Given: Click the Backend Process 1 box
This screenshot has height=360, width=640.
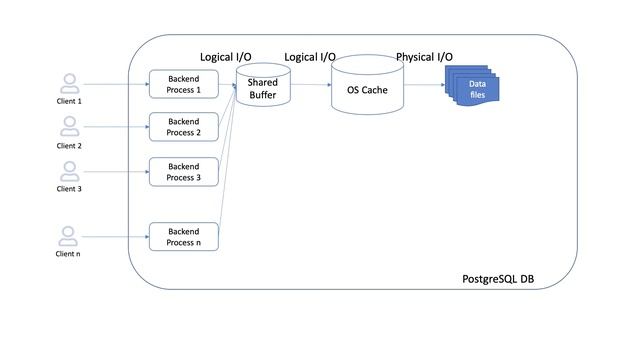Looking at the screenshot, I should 183,84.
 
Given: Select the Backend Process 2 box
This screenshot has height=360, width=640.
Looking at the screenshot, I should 183,127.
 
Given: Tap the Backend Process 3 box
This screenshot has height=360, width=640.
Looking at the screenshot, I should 183,172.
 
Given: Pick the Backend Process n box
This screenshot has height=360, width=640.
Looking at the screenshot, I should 183,236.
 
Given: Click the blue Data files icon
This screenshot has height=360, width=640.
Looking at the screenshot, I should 476,89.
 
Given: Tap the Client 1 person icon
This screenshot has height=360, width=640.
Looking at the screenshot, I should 69,83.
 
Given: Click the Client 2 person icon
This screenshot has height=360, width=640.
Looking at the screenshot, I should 69,126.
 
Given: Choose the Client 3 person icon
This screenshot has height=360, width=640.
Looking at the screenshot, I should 69,171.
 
